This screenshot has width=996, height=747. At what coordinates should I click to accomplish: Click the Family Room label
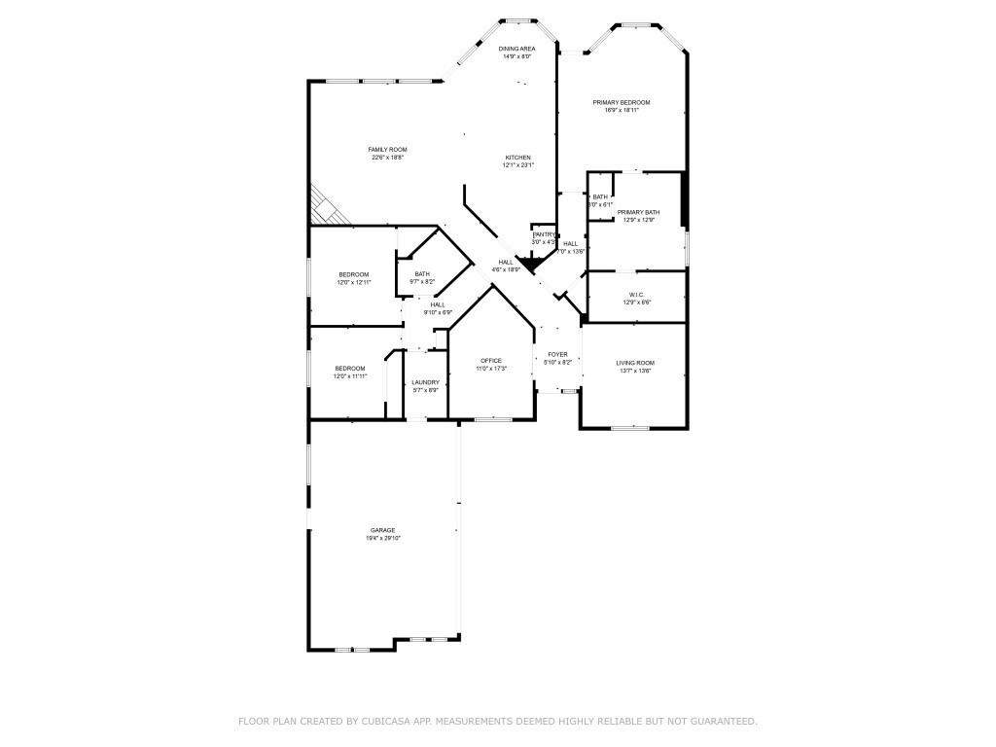click(387, 149)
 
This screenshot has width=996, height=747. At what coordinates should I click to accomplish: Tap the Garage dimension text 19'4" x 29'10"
click(383, 538)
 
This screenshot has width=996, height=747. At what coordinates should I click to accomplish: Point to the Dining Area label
click(516, 49)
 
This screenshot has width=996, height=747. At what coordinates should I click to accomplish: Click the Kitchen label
click(517, 158)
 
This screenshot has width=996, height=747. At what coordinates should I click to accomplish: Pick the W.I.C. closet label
click(637, 295)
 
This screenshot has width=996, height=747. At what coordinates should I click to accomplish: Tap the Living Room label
click(635, 363)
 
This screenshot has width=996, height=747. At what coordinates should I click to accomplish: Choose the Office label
click(490, 361)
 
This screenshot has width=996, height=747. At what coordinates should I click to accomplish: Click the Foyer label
click(557, 355)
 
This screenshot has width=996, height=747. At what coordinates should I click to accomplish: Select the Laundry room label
click(425, 382)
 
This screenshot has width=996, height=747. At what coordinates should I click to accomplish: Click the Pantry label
click(544, 234)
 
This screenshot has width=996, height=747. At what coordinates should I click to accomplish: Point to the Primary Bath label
click(638, 212)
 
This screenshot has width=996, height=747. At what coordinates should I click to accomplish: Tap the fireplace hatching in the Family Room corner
click(324, 206)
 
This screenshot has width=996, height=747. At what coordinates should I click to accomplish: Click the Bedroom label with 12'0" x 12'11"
click(353, 274)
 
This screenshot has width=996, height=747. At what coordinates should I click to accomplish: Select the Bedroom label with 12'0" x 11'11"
click(350, 368)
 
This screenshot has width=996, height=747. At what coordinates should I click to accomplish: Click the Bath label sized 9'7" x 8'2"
click(422, 274)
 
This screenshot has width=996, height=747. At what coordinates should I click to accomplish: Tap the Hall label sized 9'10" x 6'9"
click(438, 304)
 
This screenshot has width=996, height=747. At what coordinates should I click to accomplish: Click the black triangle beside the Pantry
click(530, 262)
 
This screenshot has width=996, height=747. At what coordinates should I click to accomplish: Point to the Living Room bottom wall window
click(629, 427)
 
